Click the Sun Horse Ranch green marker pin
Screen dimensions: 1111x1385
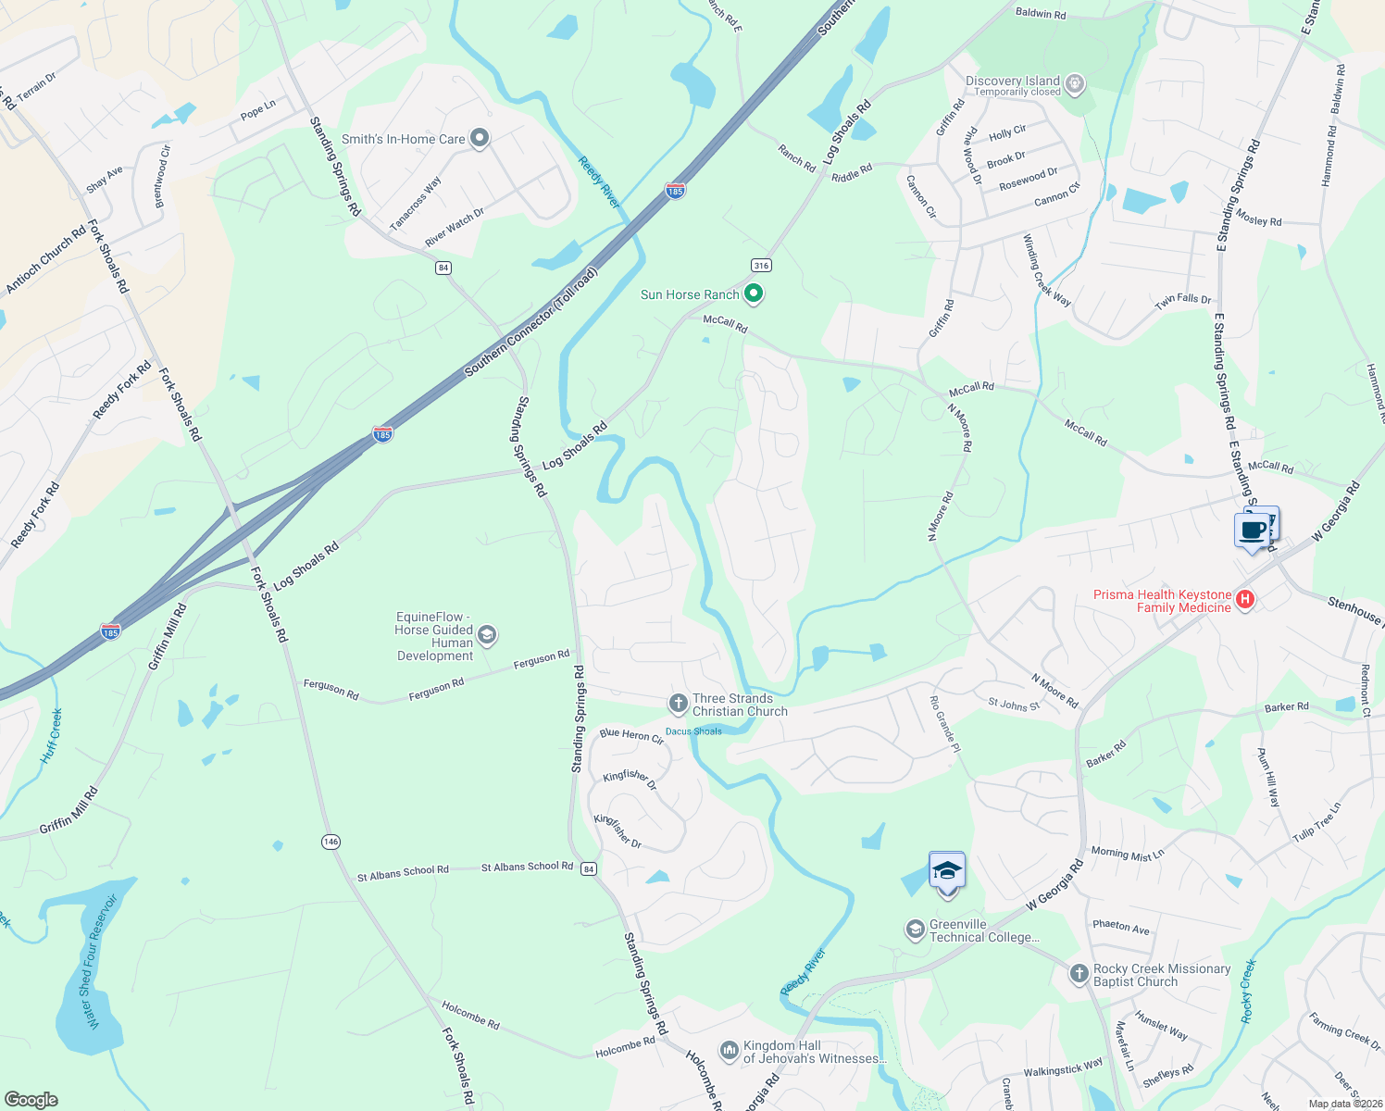[x=754, y=294]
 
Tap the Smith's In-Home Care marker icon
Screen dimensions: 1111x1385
[x=480, y=139]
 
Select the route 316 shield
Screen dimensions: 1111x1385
[x=761, y=266]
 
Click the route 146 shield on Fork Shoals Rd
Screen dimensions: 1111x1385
[x=331, y=842]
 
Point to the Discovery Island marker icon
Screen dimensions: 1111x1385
[x=1074, y=84]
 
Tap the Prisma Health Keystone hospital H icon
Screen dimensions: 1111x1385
[x=1245, y=600]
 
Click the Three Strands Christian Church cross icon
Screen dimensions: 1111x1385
[x=678, y=705]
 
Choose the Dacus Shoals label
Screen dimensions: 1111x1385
[x=693, y=731]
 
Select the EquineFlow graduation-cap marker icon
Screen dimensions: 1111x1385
[x=487, y=635]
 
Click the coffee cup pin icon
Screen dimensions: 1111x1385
[x=1253, y=531]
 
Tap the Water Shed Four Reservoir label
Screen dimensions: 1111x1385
[x=101, y=960]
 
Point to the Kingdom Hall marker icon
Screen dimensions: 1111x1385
[x=730, y=1052]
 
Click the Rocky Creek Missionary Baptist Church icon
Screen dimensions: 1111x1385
[x=1079, y=974]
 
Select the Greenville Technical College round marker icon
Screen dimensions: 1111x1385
[x=916, y=930]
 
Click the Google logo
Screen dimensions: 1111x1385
[x=31, y=1099]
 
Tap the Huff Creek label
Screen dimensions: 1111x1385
[x=52, y=737]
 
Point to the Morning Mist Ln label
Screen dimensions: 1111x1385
[x=1127, y=854]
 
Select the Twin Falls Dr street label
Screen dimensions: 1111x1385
[x=1182, y=300]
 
